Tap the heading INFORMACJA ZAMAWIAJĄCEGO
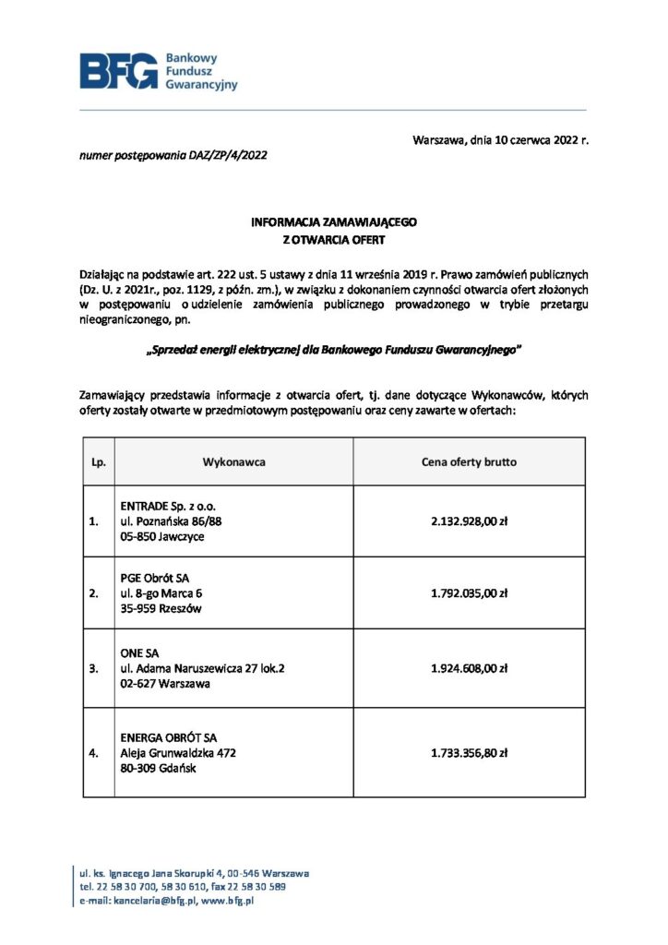point(334,223)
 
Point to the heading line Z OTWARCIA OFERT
point(334,240)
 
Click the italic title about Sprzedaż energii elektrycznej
point(334,350)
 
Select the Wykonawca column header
point(234,461)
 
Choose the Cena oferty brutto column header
point(469,461)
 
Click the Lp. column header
point(95,461)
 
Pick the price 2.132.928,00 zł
point(469,521)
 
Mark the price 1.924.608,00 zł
point(469,668)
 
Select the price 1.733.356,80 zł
point(469,753)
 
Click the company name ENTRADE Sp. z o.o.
point(169,507)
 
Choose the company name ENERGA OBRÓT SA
point(169,738)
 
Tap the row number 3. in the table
point(93,668)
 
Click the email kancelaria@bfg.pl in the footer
point(156,901)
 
